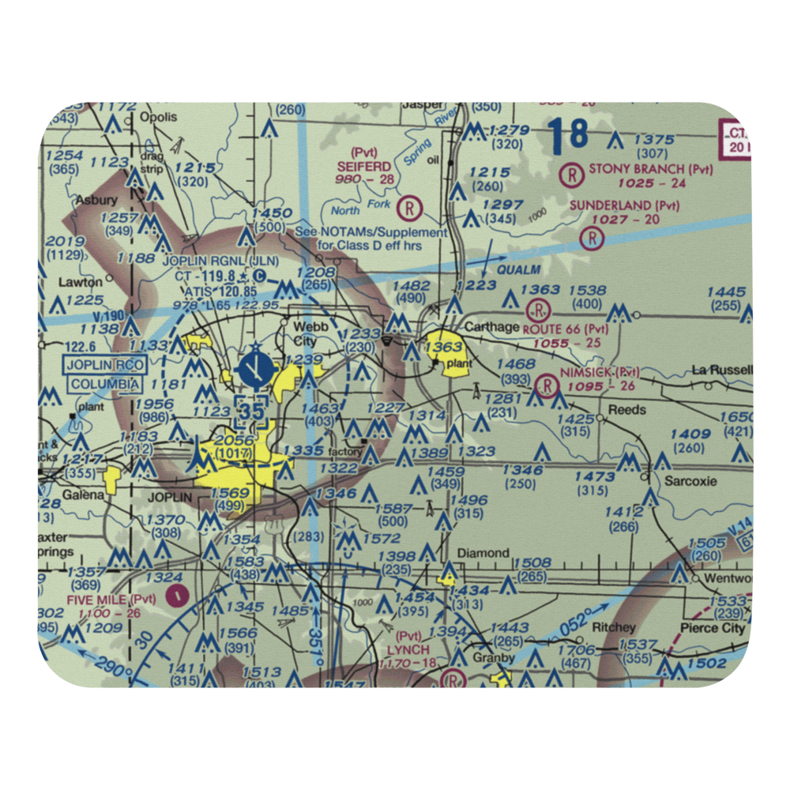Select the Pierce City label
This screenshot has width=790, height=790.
tap(713, 629)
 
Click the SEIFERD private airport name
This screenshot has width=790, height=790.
tap(364, 167)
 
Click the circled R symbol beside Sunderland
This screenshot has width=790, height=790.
tap(592, 237)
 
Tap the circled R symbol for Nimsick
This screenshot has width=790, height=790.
tap(545, 386)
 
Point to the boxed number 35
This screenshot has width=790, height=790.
tap(252, 412)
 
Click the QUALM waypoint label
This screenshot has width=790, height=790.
tap(519, 270)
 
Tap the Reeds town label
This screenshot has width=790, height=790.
tap(627, 409)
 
